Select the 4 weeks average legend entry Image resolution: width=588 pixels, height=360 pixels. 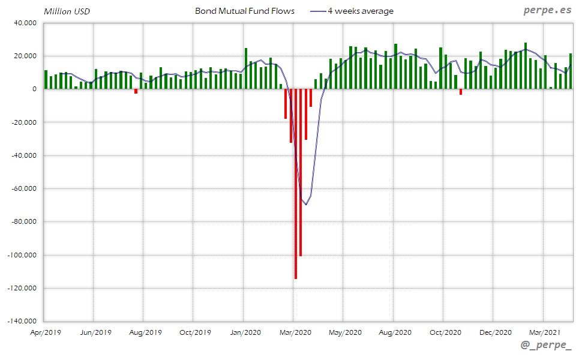360,11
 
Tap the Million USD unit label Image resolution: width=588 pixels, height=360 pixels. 67,11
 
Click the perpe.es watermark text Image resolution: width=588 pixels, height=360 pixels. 547,10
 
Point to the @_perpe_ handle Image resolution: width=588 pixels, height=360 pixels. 547,346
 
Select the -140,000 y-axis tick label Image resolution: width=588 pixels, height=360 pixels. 22,321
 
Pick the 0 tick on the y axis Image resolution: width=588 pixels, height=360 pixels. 34,89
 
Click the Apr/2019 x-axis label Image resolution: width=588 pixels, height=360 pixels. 46,332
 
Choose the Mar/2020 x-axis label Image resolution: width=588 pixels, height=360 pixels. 295,332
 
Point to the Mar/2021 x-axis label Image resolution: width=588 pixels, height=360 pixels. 545,332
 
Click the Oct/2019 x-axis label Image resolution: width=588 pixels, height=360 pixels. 196,332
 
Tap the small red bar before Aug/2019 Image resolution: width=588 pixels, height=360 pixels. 136,91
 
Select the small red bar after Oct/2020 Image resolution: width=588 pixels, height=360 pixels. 460,92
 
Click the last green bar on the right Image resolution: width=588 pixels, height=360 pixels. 570,71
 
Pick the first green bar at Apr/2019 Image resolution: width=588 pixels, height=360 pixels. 46,79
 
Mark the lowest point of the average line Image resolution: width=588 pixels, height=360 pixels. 305,205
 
